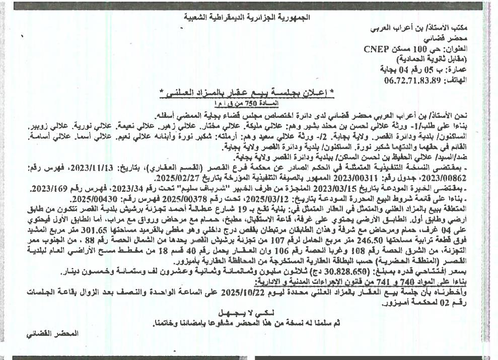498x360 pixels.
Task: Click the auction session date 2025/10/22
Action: (x=227, y=291)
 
